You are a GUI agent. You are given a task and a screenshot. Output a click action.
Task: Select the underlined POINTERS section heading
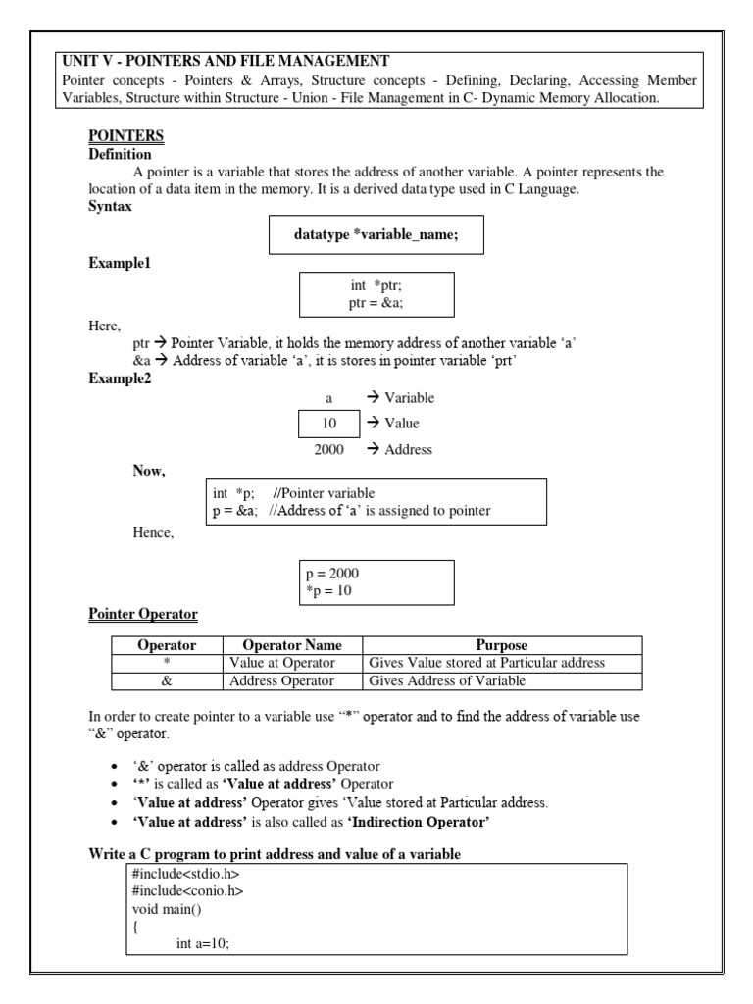click(x=126, y=136)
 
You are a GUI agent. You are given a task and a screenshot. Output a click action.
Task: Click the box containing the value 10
click(x=328, y=424)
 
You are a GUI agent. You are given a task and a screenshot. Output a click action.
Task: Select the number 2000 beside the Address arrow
click(x=328, y=450)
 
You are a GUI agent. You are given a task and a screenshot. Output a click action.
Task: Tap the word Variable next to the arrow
click(x=409, y=397)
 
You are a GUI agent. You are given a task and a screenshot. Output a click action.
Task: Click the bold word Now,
click(x=149, y=471)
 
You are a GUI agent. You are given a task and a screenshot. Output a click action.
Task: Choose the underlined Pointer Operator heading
click(x=143, y=615)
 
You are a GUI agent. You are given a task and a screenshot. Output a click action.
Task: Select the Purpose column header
click(x=501, y=645)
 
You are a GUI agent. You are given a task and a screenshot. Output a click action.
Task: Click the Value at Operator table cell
click(x=280, y=663)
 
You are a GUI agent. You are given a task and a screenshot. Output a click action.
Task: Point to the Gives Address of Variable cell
click(x=447, y=681)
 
